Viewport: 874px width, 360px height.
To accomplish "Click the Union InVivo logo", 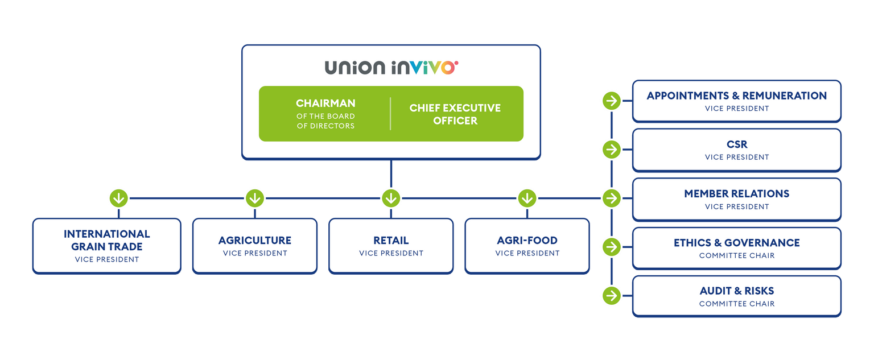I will (x=391, y=68).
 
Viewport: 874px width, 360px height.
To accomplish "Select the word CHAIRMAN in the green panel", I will (x=325, y=104).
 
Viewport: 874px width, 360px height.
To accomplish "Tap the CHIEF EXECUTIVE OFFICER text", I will (x=455, y=114).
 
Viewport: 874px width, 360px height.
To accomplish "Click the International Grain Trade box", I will (x=107, y=246).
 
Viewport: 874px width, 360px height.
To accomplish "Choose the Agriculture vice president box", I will (x=255, y=246).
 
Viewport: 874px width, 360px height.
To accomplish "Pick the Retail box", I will (x=391, y=246).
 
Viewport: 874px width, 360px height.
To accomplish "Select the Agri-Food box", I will (x=527, y=246).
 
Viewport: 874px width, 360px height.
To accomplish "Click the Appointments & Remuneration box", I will (x=736, y=101).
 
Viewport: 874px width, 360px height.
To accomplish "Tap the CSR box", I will (x=736, y=150).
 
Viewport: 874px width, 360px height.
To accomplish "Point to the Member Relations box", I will (x=736, y=199).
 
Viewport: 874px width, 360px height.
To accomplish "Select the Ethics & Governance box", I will (x=736, y=248).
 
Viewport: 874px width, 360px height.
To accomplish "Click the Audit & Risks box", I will (x=736, y=296).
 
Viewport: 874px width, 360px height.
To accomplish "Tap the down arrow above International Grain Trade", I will (x=118, y=198).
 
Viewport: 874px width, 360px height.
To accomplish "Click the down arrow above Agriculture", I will (x=254, y=198).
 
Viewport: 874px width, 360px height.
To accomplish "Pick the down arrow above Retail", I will (x=390, y=198).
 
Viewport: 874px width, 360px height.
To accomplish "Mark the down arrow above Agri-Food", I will (x=527, y=198).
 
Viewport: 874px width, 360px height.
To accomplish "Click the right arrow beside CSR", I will (x=611, y=150).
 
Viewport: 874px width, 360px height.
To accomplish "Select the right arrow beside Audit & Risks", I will (x=611, y=296).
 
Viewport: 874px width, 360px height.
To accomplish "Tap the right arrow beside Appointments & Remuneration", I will (x=611, y=101).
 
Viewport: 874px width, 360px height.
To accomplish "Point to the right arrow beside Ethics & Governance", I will (x=611, y=247).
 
